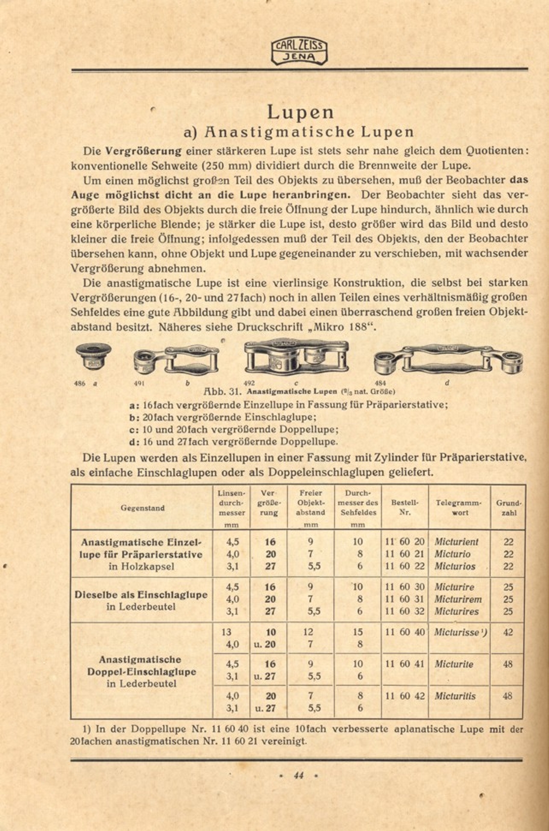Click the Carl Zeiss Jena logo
(x=299, y=51)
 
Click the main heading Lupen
(x=300, y=112)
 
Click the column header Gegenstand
(x=142, y=508)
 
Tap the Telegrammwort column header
(x=459, y=508)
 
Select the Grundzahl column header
(x=508, y=508)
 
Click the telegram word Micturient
(x=456, y=542)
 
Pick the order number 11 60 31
(x=404, y=599)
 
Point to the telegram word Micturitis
(x=455, y=696)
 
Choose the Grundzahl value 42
(x=508, y=632)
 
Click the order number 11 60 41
(x=404, y=664)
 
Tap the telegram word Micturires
(x=456, y=611)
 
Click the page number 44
(x=298, y=775)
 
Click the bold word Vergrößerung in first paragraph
(x=144, y=151)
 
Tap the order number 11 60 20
(x=404, y=542)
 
